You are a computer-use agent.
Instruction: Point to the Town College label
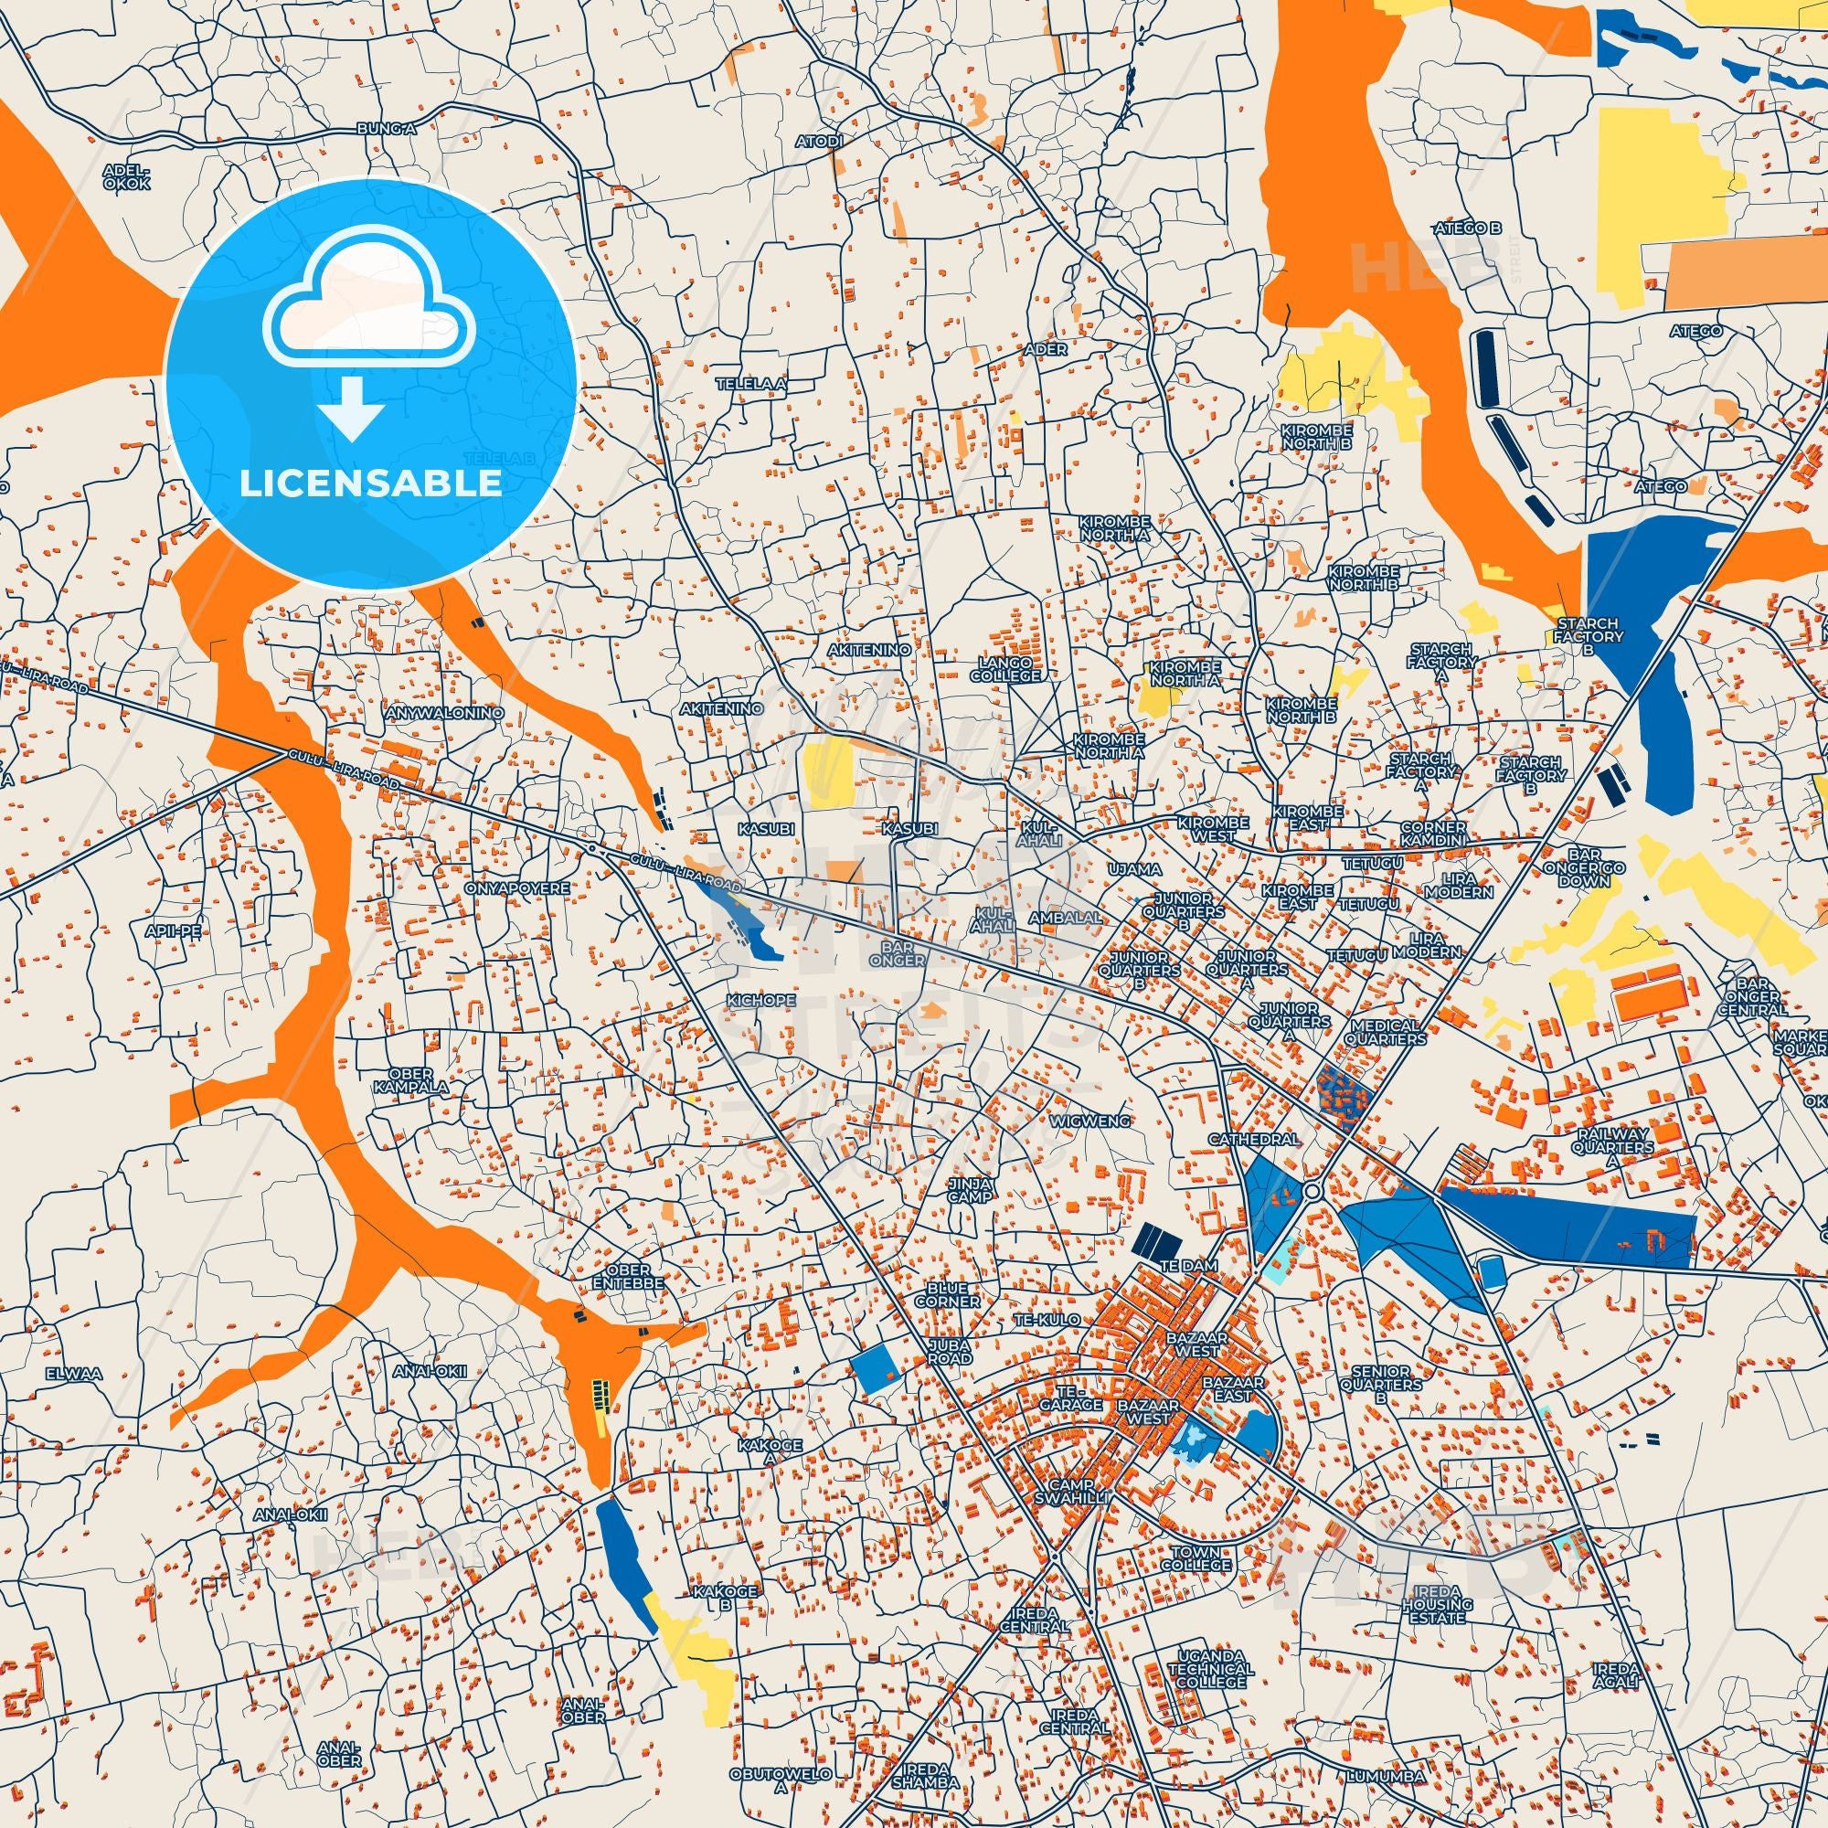click(x=1201, y=1558)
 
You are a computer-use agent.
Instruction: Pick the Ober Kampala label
click(x=410, y=1079)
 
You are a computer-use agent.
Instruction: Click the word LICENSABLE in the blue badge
click(x=370, y=484)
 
